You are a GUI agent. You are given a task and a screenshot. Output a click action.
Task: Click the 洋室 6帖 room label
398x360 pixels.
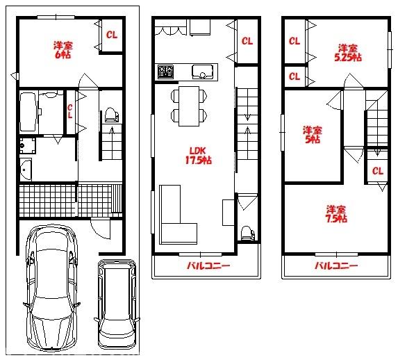coord(63,50)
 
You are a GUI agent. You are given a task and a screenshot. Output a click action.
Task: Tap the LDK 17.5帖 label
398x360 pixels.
coord(199,156)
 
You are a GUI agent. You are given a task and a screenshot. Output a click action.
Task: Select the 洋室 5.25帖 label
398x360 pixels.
coord(348,53)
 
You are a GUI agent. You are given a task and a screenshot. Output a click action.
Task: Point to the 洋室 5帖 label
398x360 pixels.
coord(312,135)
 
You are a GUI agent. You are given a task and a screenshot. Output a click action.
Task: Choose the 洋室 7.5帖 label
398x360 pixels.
coord(336,214)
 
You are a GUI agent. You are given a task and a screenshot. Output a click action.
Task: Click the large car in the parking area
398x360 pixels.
coord(52,288)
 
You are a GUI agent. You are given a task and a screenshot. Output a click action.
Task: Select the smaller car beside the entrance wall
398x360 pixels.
coord(117,304)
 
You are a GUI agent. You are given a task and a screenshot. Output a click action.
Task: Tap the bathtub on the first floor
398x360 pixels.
coord(28,112)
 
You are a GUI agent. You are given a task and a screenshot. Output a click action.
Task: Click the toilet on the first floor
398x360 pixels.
coord(111,115)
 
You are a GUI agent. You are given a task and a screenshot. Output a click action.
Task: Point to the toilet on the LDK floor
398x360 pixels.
coord(247,233)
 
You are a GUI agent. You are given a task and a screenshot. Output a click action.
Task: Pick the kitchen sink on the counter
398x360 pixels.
coord(202,72)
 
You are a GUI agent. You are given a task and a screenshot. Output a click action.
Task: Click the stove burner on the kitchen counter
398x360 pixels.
coord(166,72)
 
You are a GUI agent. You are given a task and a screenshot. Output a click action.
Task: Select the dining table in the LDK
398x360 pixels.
coord(189,106)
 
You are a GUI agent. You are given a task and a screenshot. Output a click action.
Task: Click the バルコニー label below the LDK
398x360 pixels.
coord(208,266)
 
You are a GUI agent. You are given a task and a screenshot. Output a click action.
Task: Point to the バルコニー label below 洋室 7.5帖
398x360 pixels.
coord(336,266)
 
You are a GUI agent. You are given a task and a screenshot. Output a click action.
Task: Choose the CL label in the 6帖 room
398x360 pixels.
coord(112,35)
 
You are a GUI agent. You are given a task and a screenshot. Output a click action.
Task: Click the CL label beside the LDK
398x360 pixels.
coord(247,41)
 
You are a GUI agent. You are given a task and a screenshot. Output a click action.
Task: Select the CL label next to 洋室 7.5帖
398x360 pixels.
coord(377,171)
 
